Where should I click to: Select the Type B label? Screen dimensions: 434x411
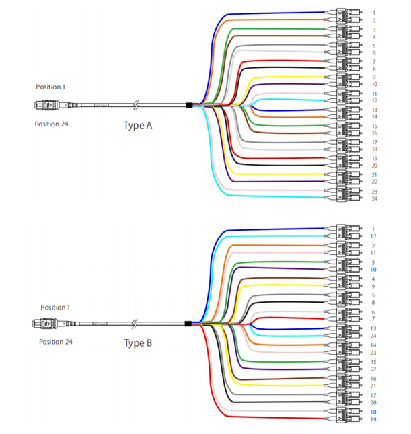click(138, 343)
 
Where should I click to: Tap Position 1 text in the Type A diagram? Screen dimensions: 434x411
click(50, 87)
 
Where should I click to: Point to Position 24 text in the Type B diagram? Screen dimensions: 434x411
click(56, 342)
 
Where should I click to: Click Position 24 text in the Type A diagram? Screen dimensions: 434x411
click(51, 124)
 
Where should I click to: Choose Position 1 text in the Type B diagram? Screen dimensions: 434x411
click(55, 308)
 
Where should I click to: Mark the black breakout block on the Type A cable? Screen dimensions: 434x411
click(189, 106)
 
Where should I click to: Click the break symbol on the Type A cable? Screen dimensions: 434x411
click(137, 106)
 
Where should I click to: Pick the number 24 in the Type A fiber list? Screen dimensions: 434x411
click(374, 198)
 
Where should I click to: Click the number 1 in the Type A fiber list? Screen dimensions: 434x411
click(374, 13)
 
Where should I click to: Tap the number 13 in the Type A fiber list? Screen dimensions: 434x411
click(374, 110)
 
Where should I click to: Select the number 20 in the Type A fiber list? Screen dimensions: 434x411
click(374, 166)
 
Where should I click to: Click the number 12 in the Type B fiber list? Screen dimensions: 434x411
click(373, 237)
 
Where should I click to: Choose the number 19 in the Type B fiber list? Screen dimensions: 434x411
click(373, 419)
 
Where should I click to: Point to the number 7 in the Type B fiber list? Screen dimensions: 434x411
click(373, 319)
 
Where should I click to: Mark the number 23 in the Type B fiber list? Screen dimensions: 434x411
click(373, 353)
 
